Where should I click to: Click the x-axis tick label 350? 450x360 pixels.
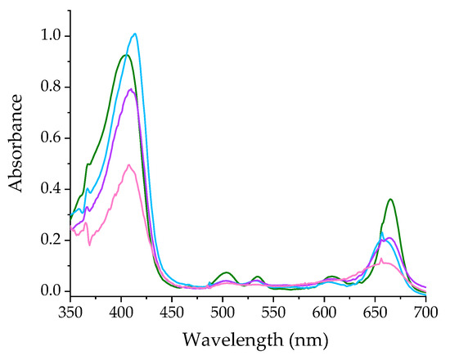[70, 312]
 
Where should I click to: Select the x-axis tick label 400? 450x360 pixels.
[121, 312]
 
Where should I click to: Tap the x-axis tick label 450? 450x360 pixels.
[172, 312]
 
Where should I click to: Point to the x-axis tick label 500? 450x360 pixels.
[223, 312]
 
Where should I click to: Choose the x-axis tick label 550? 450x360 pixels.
[273, 312]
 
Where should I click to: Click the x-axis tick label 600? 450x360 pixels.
[324, 312]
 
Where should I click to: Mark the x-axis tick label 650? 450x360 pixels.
[375, 312]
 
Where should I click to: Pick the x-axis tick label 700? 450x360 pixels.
[425, 312]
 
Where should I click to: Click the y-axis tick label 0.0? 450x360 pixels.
[51, 291]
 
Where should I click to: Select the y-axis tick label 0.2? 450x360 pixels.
[51, 240]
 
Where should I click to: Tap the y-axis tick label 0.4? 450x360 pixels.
[51, 189]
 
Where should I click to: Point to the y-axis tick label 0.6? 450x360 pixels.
[51, 137]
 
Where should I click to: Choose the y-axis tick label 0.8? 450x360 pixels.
[51, 87]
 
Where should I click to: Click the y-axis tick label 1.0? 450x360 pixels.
[51, 36]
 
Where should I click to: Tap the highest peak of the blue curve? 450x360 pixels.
[135, 34]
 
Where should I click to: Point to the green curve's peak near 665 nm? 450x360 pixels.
[391, 199]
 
